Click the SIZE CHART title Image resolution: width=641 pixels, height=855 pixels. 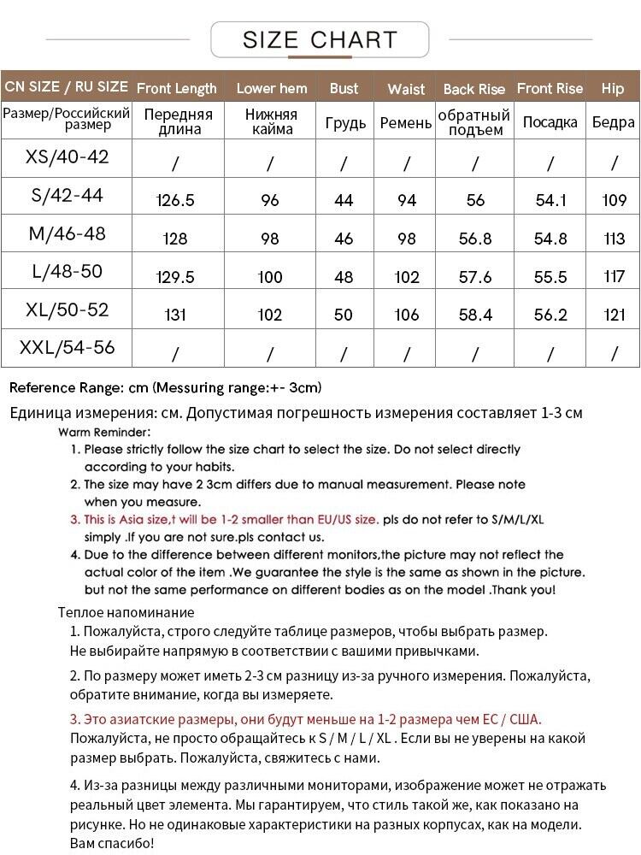[x=320, y=39]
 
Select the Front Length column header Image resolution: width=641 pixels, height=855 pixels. [x=177, y=88]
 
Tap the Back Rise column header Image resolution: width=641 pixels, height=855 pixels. [x=474, y=89]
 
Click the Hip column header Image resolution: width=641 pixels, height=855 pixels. [x=613, y=88]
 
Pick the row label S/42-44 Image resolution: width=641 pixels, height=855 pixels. [x=67, y=196]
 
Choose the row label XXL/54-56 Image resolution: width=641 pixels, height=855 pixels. [x=67, y=348]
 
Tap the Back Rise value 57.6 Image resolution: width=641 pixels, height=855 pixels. [x=475, y=277]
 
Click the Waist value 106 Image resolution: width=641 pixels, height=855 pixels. [x=407, y=315]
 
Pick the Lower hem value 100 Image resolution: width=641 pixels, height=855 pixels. [x=270, y=277]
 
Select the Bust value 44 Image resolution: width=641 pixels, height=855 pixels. [x=344, y=201]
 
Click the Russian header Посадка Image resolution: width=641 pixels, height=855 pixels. [x=550, y=122]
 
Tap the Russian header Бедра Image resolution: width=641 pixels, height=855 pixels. [x=613, y=122]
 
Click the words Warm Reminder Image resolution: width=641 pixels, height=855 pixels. [x=104, y=432]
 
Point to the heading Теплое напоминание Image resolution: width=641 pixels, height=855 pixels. [x=126, y=612]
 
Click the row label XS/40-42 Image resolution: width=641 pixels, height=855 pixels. [x=67, y=157]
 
